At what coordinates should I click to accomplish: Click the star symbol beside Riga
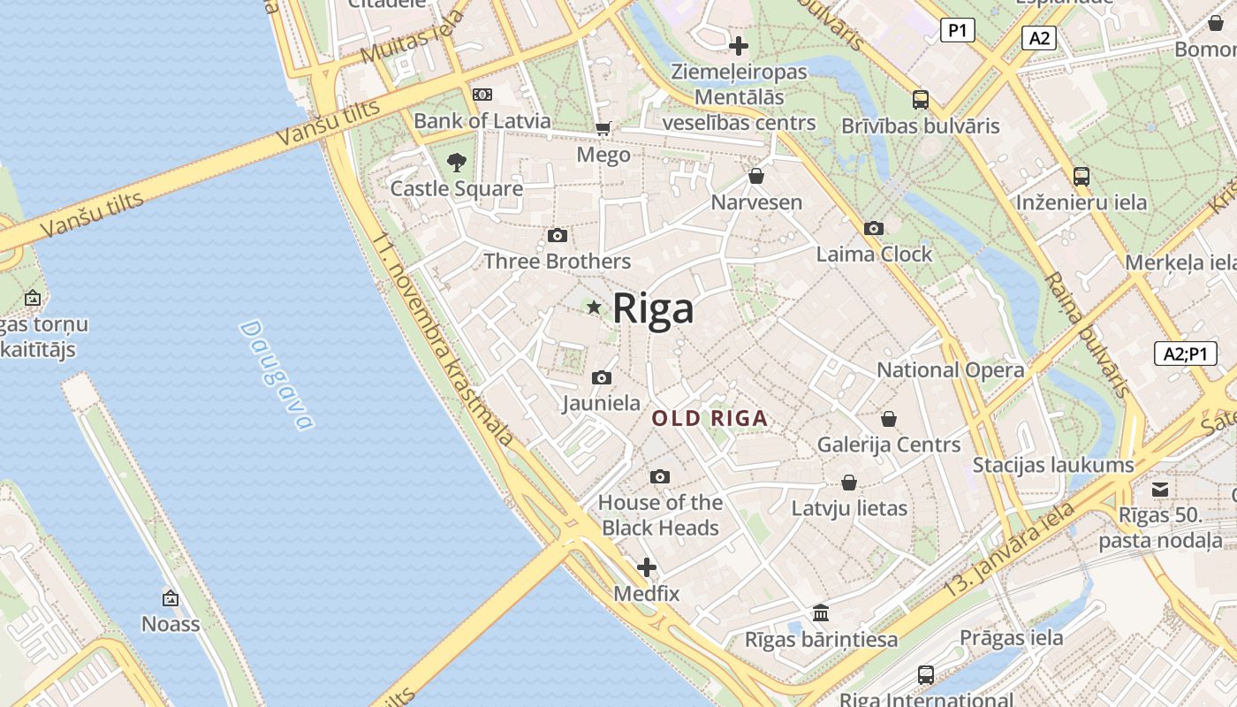click(594, 308)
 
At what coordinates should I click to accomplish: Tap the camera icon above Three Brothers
click(557, 235)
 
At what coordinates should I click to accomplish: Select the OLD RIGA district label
click(710, 419)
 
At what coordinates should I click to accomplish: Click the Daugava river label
click(277, 374)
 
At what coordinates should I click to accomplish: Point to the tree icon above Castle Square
click(456, 163)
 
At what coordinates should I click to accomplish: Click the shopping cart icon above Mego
click(603, 130)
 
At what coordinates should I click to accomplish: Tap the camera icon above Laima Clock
click(873, 229)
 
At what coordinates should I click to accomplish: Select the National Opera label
click(950, 369)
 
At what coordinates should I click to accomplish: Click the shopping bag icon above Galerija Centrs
click(888, 419)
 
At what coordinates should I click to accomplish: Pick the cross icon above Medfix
click(647, 567)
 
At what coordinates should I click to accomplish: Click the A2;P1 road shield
click(1185, 353)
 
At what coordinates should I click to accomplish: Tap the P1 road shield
click(956, 31)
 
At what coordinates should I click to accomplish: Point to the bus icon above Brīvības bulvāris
click(920, 100)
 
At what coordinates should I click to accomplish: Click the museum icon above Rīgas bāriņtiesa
click(821, 612)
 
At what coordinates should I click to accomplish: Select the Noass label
click(171, 624)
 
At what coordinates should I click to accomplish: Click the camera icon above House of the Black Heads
click(659, 477)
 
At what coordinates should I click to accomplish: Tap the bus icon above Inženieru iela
click(1081, 176)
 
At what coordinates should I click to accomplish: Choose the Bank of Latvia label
click(482, 121)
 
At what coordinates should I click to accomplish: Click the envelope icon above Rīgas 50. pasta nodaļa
click(1160, 490)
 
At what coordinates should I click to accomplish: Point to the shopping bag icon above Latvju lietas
click(848, 483)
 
